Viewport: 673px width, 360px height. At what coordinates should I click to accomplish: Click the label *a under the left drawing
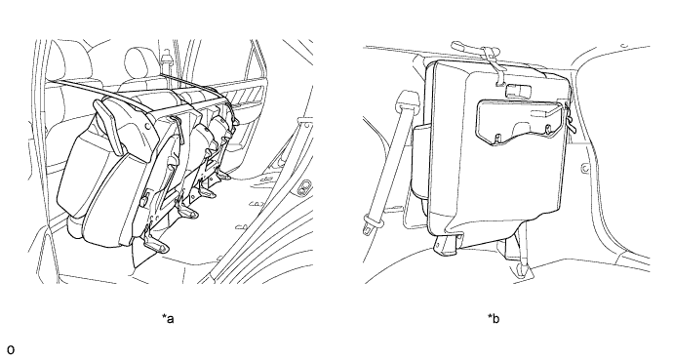168,319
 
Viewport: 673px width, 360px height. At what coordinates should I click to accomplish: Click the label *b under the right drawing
494,319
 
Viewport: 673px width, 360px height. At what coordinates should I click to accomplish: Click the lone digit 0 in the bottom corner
11,349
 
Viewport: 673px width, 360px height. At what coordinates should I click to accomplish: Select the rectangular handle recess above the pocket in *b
519,92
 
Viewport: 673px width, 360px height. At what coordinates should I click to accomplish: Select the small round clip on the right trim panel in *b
584,169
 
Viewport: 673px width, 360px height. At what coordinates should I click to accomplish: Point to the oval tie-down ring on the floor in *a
305,186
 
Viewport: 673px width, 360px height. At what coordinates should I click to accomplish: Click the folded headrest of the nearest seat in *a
108,126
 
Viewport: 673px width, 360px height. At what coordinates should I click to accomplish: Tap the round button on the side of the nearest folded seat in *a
148,126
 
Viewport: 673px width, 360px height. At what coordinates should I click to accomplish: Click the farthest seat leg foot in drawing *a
223,175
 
